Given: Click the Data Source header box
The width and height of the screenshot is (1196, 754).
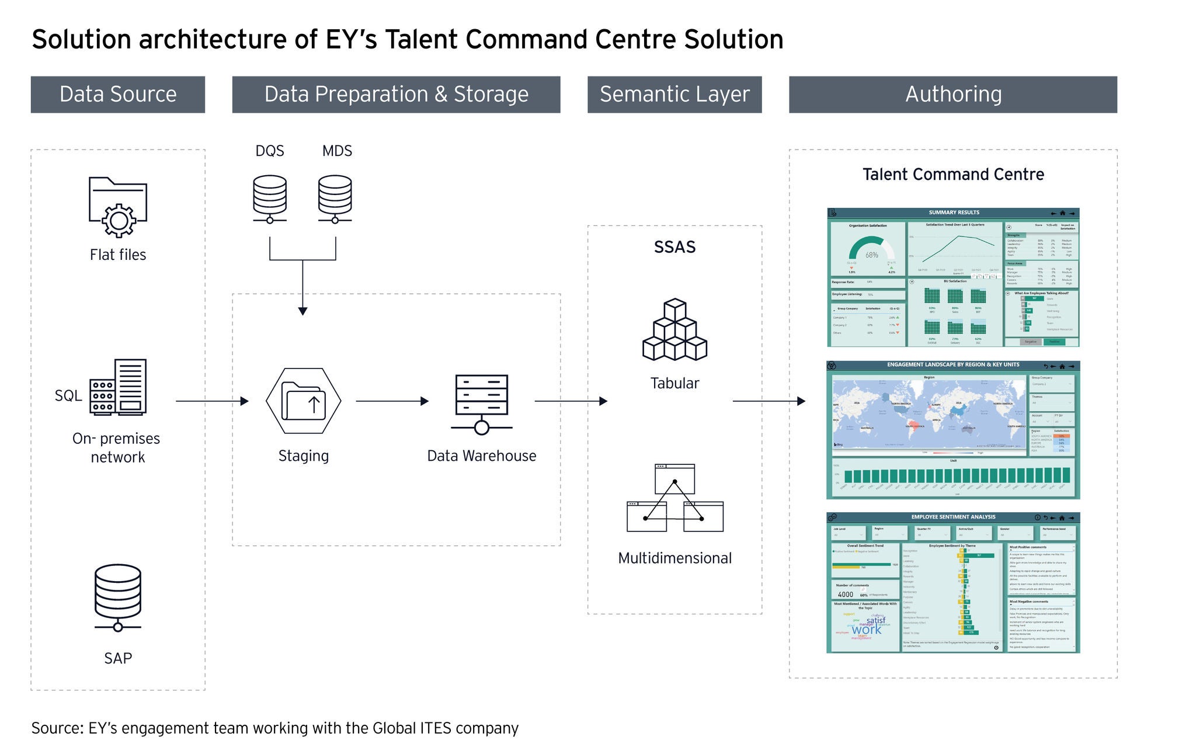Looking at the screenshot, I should click(117, 94).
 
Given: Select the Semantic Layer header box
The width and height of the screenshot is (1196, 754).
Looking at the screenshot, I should click(674, 94).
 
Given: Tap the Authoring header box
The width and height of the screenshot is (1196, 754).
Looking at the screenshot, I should click(952, 94).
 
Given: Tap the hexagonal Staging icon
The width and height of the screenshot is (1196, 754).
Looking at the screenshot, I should click(303, 401).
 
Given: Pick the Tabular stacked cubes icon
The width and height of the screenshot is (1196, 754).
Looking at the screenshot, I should click(675, 330).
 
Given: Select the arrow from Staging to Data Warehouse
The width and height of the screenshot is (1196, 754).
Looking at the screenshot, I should click(392, 401).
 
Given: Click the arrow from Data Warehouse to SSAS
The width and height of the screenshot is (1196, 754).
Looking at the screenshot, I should click(571, 401).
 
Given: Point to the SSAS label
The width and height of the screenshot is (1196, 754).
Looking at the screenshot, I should click(675, 247).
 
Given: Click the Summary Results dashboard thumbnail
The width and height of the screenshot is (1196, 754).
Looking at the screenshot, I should click(953, 277).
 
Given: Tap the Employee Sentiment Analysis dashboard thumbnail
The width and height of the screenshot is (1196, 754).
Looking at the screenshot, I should click(953, 582).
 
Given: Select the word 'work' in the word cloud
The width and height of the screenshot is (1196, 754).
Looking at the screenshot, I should click(867, 630).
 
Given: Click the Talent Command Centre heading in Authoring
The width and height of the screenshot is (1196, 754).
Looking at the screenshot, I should click(953, 174).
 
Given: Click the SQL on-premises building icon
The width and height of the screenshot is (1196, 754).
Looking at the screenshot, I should click(118, 387).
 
